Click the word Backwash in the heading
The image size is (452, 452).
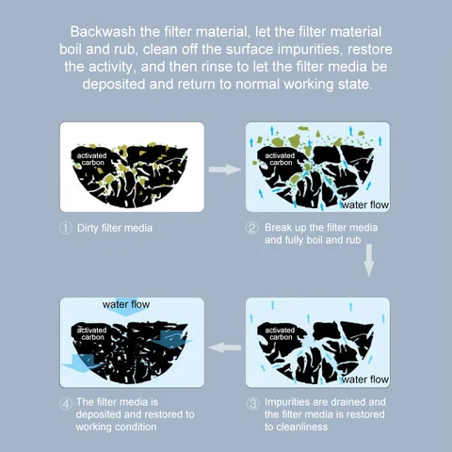103,32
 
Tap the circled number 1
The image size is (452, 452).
66,228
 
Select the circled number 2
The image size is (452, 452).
251,228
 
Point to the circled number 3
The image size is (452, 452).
252,404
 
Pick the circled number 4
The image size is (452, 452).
66,404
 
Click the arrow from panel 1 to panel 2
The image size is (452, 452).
225,169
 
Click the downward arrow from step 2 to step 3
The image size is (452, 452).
369,260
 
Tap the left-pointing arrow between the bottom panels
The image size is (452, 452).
225,347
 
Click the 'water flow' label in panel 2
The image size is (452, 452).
364,205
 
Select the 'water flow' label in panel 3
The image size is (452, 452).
364,379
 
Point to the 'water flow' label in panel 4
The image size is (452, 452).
126,304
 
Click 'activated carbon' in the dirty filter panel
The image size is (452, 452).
92,159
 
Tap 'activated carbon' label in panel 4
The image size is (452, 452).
92,333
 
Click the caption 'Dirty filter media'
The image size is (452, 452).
115,228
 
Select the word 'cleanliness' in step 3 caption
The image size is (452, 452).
297,427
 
